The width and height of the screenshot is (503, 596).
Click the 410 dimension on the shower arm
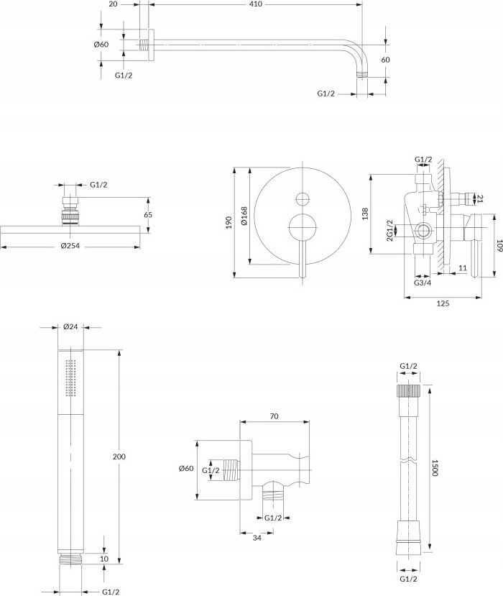pos(257,4)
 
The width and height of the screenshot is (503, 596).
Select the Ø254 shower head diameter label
pos(70,246)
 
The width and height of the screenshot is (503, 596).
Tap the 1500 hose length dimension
pos(435,468)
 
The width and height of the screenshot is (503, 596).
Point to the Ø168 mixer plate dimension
pos(244,216)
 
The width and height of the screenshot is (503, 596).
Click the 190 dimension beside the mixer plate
pos(229,222)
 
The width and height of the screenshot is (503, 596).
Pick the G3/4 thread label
pos(423,283)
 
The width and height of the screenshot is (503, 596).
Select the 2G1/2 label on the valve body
pos(389,230)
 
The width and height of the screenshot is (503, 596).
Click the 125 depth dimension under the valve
pos(443,303)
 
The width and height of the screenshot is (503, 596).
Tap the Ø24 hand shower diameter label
pos(70,326)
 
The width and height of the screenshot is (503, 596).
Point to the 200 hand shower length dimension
pos(119,457)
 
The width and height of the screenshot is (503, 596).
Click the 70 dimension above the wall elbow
pos(274,416)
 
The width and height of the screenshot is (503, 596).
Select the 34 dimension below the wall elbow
pos(257,538)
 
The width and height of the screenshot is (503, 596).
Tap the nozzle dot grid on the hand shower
pos(70,378)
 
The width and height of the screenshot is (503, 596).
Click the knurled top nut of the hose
pos(408,390)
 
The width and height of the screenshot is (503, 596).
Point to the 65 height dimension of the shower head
pos(148,215)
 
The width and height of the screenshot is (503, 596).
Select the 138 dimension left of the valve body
pos(365,214)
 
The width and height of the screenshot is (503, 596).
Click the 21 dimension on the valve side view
pos(480,198)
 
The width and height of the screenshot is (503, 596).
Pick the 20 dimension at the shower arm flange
pos(114,4)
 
